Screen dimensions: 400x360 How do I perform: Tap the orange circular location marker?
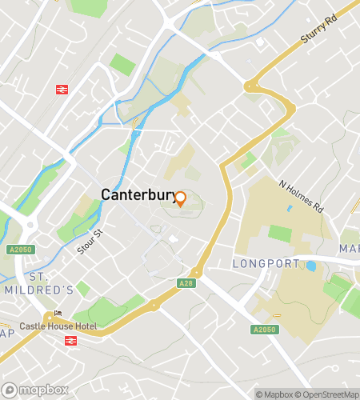tap(181, 199)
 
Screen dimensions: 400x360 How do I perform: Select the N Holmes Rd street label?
tap(301, 195)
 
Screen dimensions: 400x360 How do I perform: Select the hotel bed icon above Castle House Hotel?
tap(57, 314)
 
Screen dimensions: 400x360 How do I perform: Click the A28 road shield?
tap(185, 282)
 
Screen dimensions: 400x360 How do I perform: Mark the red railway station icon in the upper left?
tap(61, 90)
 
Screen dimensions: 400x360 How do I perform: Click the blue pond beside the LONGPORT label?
tap(310, 266)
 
